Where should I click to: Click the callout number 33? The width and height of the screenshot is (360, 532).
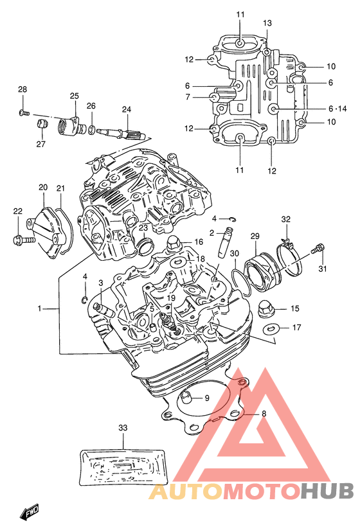tap(123, 427)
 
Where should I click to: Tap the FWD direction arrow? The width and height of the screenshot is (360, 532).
tap(30, 511)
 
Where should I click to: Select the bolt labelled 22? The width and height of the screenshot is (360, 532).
tap(23, 240)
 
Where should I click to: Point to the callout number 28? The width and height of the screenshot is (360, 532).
tap(22, 89)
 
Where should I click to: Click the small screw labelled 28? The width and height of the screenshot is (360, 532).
tap(24, 112)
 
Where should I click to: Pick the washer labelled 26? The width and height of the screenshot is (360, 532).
tap(91, 129)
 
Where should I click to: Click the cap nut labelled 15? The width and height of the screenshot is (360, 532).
tap(266, 308)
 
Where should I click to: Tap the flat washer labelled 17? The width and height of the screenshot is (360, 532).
tap(272, 328)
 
